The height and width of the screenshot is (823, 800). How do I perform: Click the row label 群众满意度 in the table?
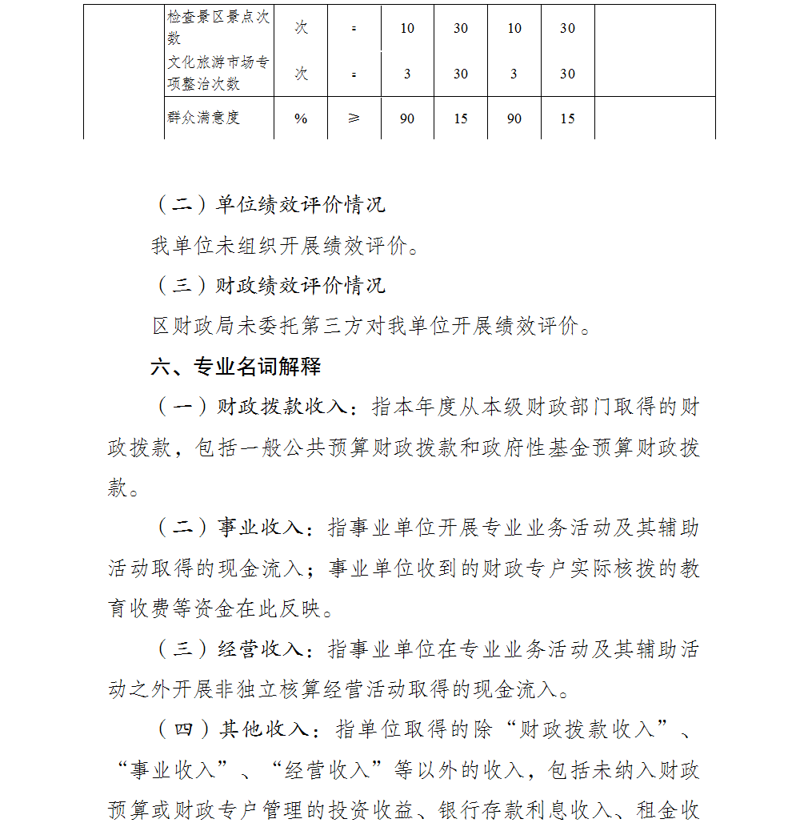204,118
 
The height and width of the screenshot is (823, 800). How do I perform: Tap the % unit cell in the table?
301,118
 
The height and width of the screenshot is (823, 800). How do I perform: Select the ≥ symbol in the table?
354,118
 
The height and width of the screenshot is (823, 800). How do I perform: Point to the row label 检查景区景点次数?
218,28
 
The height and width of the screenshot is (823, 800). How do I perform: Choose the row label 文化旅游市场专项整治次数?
218,73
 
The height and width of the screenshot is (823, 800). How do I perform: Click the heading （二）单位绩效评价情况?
269,205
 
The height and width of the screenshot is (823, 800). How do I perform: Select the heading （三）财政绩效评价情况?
269,285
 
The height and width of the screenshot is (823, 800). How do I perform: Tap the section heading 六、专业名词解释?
236,367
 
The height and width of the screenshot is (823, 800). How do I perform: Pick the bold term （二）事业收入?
229,528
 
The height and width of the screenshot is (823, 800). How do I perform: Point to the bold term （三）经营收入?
229,648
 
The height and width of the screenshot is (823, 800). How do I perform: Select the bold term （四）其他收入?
232,729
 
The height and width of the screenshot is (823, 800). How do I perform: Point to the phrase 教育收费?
151,608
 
